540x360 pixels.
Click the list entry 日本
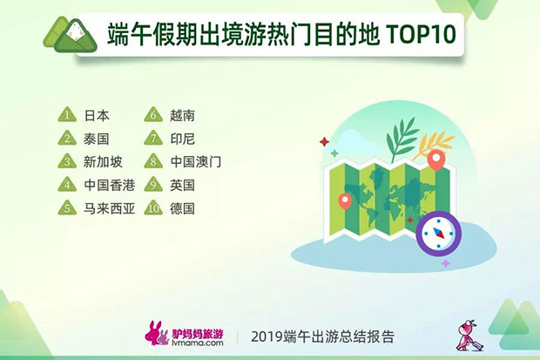pyautogui.click(x=97, y=116)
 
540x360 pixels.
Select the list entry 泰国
pyautogui.click(x=96, y=139)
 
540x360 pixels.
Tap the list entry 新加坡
pyautogui.click(x=103, y=162)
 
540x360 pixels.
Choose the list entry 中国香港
pyautogui.click(x=109, y=185)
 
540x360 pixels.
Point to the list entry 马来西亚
pyautogui.click(x=109, y=208)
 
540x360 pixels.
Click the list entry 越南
pyautogui.click(x=182, y=116)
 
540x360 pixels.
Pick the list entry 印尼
pyautogui.click(x=182, y=139)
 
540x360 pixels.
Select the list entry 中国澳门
pyautogui.click(x=195, y=162)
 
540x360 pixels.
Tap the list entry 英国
pyautogui.click(x=182, y=185)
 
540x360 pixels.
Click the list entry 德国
pyautogui.click(x=182, y=208)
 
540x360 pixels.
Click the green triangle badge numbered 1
pyautogui.click(x=67, y=114)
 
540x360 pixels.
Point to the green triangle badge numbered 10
pyautogui.click(x=153, y=207)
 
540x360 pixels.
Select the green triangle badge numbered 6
pyautogui.click(x=153, y=114)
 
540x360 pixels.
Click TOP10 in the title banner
pyautogui.click(x=422, y=35)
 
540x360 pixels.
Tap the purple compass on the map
pyautogui.click(x=438, y=233)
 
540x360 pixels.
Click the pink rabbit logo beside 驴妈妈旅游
pyautogui.click(x=157, y=333)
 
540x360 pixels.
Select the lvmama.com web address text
pyautogui.click(x=198, y=343)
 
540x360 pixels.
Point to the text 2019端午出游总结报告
pyautogui.click(x=322, y=336)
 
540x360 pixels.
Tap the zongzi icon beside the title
pyautogui.click(x=71, y=36)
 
